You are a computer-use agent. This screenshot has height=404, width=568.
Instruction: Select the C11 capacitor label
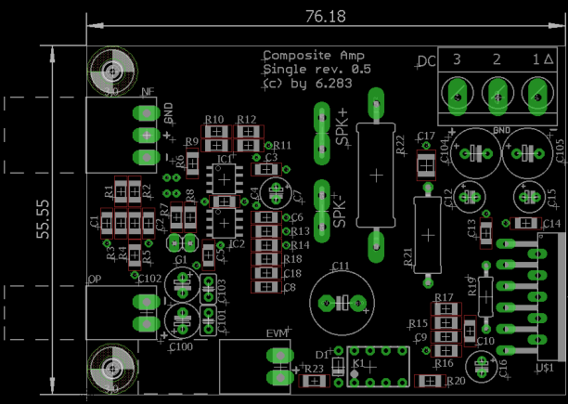(341, 266)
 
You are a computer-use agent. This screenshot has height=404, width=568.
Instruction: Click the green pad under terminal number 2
(497, 93)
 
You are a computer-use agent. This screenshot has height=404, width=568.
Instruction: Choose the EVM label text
(278, 333)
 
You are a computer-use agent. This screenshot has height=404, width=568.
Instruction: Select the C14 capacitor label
(551, 225)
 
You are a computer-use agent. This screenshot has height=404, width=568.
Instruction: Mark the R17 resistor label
(444, 297)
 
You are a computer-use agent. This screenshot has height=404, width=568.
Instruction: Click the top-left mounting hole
(113, 70)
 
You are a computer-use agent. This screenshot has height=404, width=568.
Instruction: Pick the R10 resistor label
(214, 120)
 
